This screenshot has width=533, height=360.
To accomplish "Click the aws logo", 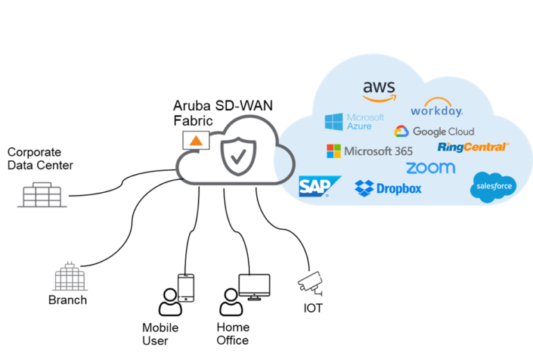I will coord(379,88).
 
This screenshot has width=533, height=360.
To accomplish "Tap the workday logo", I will coord(437,109).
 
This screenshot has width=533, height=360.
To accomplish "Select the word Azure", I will coord(359,127).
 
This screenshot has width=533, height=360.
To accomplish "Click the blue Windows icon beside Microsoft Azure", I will coord(334,122).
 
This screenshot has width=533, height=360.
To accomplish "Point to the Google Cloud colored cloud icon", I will coord(401,131).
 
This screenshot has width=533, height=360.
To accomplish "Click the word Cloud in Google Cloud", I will coord(459,131).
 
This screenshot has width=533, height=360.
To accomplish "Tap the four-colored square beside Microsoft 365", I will coord(334,151).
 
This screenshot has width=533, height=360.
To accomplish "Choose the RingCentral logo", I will coord(473,147).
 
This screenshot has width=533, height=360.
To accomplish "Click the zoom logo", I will coord(430,168).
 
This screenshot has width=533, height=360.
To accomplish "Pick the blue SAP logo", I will coord(319,187).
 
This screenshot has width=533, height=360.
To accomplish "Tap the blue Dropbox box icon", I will coord(364,187).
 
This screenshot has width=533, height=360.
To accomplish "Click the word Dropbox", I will coord(399,188).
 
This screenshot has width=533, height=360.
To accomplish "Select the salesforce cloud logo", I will coord(493,186).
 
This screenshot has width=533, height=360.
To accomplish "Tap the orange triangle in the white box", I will coord(196,141).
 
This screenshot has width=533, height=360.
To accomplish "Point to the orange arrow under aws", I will coord(379,98).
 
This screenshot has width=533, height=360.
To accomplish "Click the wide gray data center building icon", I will coord(42,195).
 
